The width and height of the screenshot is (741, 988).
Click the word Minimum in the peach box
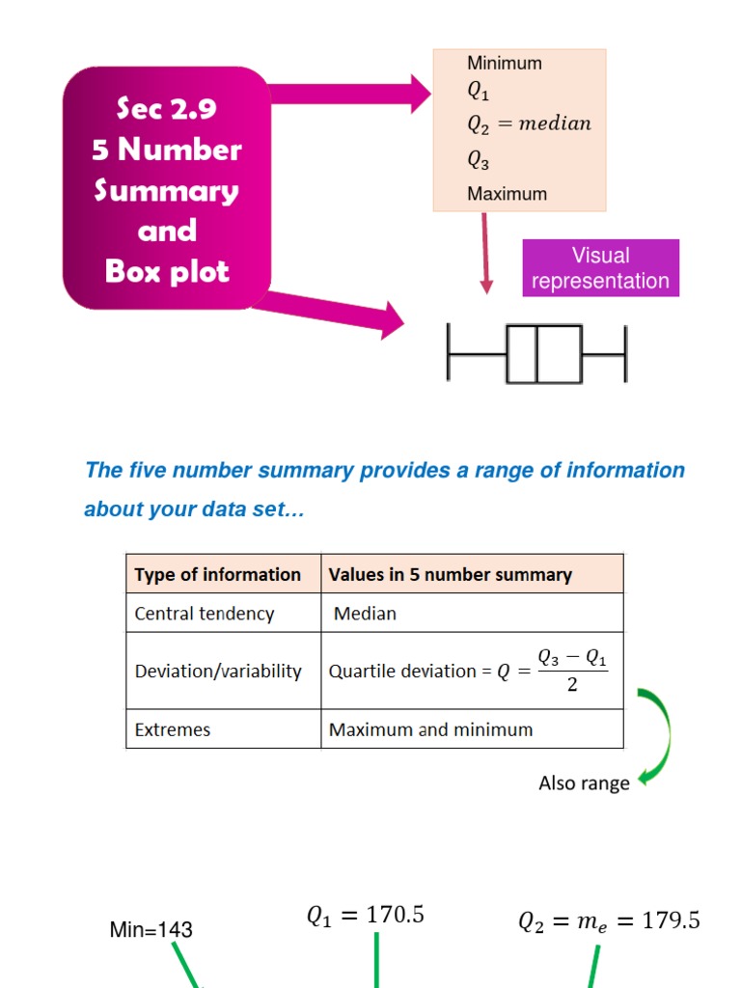[x=505, y=64]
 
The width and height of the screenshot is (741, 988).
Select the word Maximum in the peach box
[x=507, y=194]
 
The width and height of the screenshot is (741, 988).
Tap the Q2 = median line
[x=529, y=124]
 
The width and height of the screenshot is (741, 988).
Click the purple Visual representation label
[x=600, y=268]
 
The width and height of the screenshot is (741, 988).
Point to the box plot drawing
[x=537, y=354]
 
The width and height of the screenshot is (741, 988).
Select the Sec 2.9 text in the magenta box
[x=166, y=109]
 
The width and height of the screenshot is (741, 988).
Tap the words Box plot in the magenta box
[x=167, y=271]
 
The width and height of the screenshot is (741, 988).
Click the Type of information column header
[x=218, y=575]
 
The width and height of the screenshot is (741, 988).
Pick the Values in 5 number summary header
[x=451, y=575]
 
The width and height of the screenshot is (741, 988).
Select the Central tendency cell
[x=205, y=614]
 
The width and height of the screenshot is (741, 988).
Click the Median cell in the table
[x=365, y=614]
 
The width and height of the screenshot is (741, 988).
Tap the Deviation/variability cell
[x=218, y=672]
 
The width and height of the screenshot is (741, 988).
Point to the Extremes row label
[x=173, y=730]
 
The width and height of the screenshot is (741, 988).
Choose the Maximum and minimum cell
[x=430, y=730]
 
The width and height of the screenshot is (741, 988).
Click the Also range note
[x=584, y=783]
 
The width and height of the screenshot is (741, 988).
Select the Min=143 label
[x=151, y=930]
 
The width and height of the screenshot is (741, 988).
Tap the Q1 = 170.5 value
[x=366, y=916]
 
